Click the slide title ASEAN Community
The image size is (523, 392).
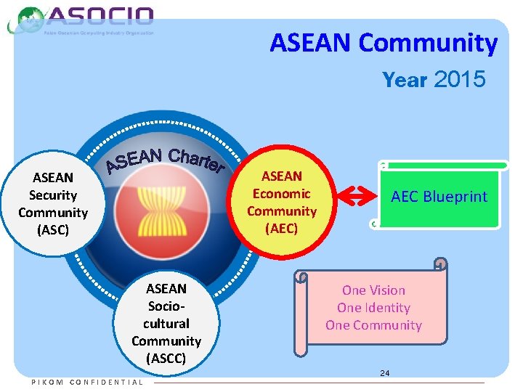[384, 44]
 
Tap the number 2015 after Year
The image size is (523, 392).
[459, 79]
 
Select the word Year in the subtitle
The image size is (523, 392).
[405, 80]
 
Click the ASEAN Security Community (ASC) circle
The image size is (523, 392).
[53, 204]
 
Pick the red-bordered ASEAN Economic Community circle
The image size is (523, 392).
[282, 203]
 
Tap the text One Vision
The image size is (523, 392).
[373, 290]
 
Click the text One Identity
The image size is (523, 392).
[373, 308]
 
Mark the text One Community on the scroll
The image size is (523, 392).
[373, 325]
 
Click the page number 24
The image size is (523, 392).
[385, 373]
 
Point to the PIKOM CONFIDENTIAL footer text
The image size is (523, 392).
[87, 383]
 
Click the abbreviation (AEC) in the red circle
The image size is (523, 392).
[282, 229]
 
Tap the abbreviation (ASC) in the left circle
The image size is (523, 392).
[53, 230]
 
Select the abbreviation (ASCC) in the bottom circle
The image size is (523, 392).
[166, 359]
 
